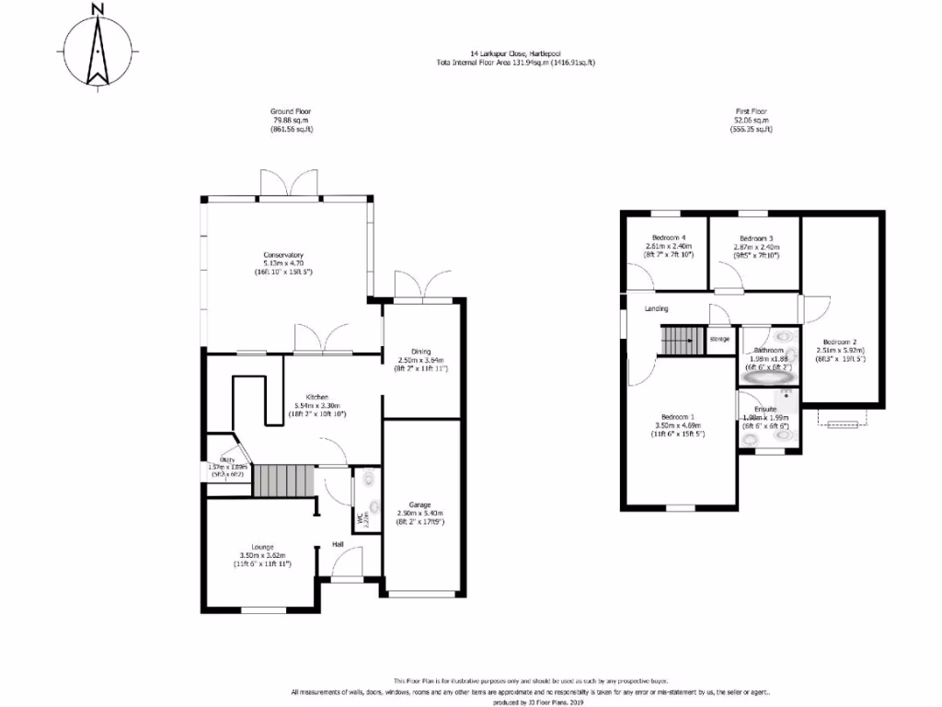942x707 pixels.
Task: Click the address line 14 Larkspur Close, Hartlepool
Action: [516, 54]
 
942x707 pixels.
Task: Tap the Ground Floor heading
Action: [292, 111]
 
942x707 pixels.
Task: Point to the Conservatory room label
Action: [283, 255]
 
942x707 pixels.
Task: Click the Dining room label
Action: [421, 351]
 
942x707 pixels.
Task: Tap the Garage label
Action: [420, 504]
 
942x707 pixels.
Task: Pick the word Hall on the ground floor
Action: [339, 545]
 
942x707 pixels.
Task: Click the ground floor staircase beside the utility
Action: [283, 481]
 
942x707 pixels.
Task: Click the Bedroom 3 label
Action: [756, 238]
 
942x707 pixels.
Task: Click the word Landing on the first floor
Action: [656, 309]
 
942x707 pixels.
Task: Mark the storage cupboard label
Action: [719, 339]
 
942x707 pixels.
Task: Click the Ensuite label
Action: [765, 409]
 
